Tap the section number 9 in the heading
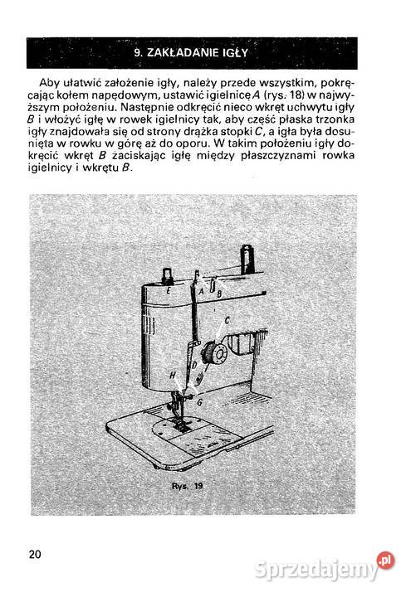[x=137, y=54]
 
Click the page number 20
[x=34, y=553]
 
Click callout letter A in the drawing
[x=202, y=291]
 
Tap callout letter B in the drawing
[x=219, y=293]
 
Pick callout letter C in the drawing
[x=226, y=318]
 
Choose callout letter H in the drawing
[x=172, y=375]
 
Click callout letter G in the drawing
[x=199, y=401]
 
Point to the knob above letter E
[x=166, y=274]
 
